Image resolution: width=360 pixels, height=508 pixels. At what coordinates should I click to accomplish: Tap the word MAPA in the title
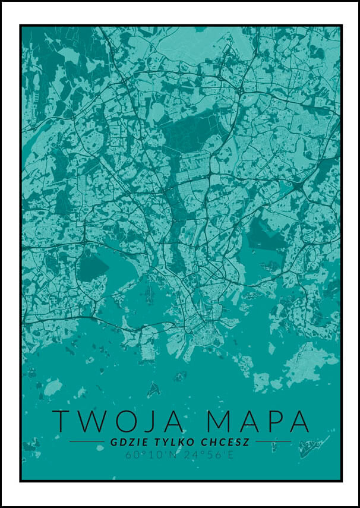coord(258,421)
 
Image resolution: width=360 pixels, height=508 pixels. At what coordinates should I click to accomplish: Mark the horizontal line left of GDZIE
coord(87,442)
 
